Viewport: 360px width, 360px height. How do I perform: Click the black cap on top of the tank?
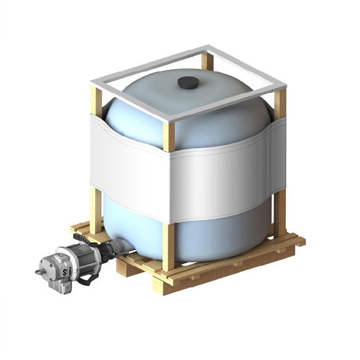pos(187,83)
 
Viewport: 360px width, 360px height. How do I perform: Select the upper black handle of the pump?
pos(81,238)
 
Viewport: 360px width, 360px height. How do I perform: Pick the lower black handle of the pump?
pos(83,280)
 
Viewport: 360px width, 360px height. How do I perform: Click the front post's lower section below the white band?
pos(168,244)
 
